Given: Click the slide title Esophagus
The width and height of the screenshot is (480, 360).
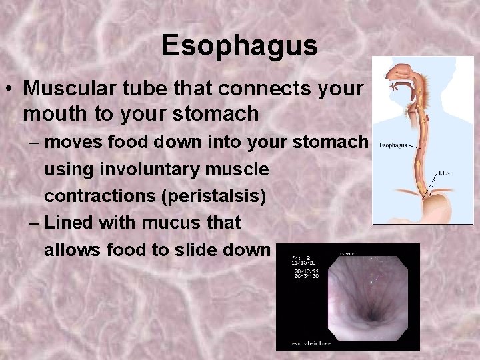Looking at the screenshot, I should click(239, 46).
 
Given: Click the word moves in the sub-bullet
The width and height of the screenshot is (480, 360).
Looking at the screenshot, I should click(71, 142).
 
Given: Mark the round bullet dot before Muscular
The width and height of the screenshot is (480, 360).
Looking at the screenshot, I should click(12, 89).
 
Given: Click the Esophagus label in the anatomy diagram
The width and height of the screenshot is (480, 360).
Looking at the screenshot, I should click(393, 145).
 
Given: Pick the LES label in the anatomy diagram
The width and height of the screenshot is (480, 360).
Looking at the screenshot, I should click(443, 173).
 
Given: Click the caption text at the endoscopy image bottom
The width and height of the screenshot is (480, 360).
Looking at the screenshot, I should click(310, 343).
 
